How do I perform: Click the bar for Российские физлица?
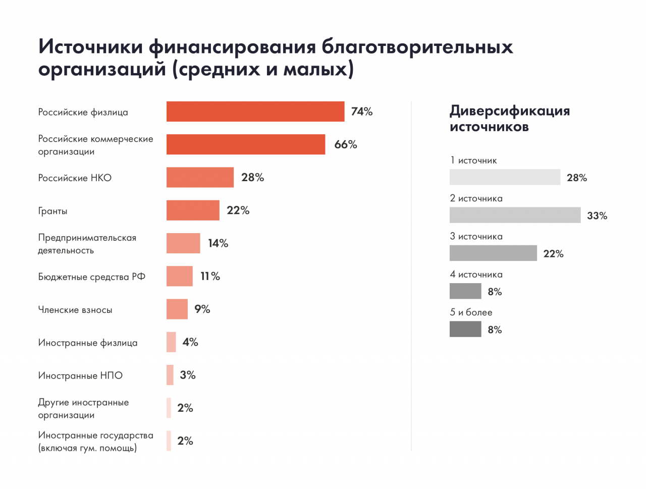[x=255, y=112]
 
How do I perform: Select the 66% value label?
[x=346, y=145]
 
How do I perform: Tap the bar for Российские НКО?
[x=200, y=178]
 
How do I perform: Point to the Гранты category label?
[x=53, y=211]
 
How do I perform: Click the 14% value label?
[x=218, y=243]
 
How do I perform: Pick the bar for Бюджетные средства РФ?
[x=180, y=276]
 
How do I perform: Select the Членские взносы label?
[x=75, y=310]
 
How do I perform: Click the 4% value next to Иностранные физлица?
[x=190, y=342]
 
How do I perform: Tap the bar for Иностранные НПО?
[x=170, y=375]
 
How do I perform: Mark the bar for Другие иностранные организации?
[x=169, y=408]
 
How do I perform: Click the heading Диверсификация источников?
[x=509, y=118]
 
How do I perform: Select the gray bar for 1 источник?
[x=505, y=177]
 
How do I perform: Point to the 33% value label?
[x=597, y=216]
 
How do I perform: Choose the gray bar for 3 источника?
[x=493, y=253]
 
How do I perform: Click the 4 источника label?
[x=476, y=275]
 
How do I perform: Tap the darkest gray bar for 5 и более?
[x=465, y=329]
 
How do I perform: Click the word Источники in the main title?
[x=90, y=46]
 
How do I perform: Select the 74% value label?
[x=362, y=112]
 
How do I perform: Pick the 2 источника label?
[x=476, y=198]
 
